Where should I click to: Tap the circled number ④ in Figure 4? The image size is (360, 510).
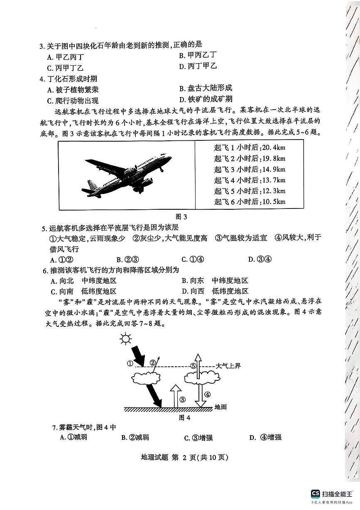208,395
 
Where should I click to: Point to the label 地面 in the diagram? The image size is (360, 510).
220,407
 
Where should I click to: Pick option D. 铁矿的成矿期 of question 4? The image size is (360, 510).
206,99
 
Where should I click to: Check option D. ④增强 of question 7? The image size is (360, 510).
265,437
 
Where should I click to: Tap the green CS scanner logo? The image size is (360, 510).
316,493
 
